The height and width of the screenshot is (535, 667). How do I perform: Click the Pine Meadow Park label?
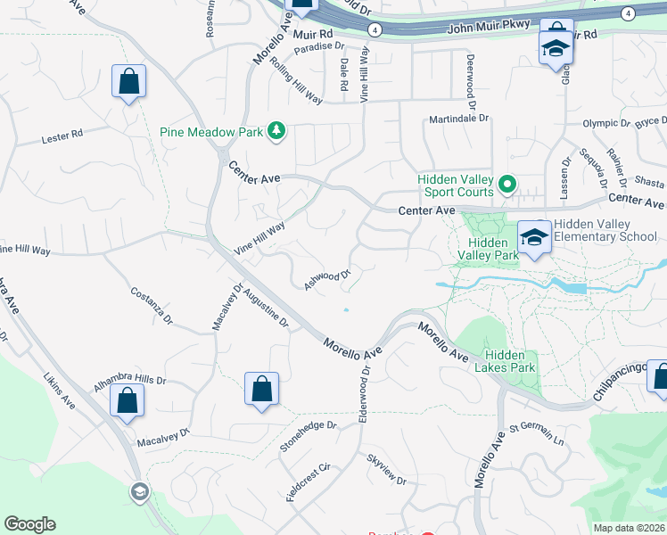pos(211,132)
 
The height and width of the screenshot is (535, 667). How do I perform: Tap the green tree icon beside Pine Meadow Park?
pos(277,132)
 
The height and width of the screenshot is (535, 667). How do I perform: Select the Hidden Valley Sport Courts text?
pos(456,185)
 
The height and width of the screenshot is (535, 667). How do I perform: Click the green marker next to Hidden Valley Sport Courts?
pos(507,185)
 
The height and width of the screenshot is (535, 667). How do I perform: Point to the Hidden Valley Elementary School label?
pos(605,230)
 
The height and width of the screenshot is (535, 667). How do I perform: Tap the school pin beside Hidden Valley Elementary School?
pos(534,237)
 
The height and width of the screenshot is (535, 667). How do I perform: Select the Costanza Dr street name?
pos(151,305)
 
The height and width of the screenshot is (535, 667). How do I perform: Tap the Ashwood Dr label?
pos(327,280)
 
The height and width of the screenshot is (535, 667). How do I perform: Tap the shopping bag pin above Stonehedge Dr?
pos(261,390)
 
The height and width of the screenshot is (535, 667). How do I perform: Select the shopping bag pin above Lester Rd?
pos(129,82)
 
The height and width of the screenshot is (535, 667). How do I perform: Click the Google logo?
pos(29,524)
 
